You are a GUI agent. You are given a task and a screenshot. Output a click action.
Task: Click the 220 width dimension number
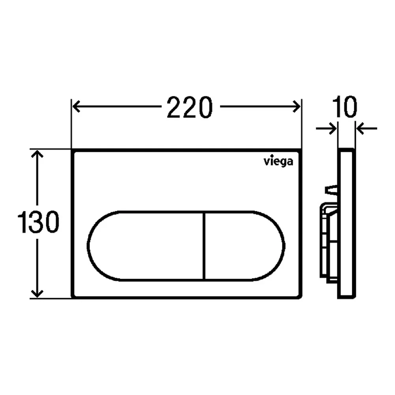pyautogui.click(x=190, y=107)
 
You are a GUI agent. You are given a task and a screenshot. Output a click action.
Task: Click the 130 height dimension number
pyautogui.click(x=38, y=222)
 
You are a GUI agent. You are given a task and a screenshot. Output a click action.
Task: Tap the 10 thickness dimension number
pyautogui.click(x=344, y=107)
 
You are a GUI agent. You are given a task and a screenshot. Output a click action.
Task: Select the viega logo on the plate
pyautogui.click(x=278, y=162)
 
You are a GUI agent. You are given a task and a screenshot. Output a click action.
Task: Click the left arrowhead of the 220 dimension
pyautogui.click(x=76, y=107)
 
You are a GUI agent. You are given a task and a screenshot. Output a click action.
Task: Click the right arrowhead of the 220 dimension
pyautogui.click(x=296, y=107)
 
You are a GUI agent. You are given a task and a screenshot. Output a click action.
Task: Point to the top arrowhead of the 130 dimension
pyautogui.click(x=37, y=154)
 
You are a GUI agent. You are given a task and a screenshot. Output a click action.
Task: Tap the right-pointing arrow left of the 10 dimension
pyautogui.click(x=326, y=128)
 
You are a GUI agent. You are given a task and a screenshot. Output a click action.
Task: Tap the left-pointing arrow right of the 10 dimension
pyautogui.click(x=367, y=128)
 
